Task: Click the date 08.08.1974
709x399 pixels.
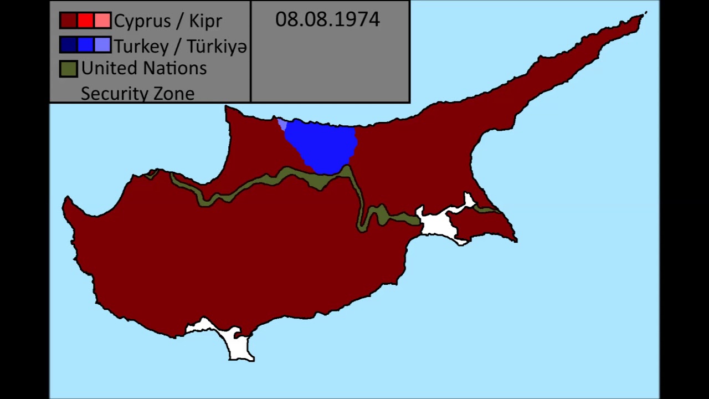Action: (327, 19)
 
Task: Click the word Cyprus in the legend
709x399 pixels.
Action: (141, 21)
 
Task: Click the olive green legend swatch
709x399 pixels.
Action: (68, 69)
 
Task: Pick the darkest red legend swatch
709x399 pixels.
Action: (68, 21)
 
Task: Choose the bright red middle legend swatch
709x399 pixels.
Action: (85, 21)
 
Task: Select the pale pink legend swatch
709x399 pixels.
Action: (102, 21)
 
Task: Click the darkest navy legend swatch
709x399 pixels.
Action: (68, 45)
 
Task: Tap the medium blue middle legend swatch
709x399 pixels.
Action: (85, 45)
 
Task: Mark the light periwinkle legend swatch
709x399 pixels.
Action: (102, 45)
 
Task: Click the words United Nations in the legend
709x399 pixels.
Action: (144, 68)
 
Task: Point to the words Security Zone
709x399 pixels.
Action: (137, 93)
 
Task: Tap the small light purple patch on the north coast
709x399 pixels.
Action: (282, 124)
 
